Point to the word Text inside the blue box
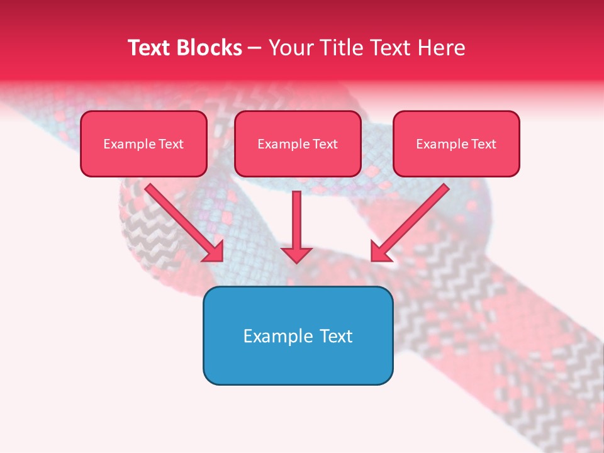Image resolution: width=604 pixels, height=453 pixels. [336, 336]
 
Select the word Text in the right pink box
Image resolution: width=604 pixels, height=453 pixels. [483, 144]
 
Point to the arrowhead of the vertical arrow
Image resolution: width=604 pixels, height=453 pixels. [296, 254]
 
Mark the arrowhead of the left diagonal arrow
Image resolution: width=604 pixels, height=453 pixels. [215, 252]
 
